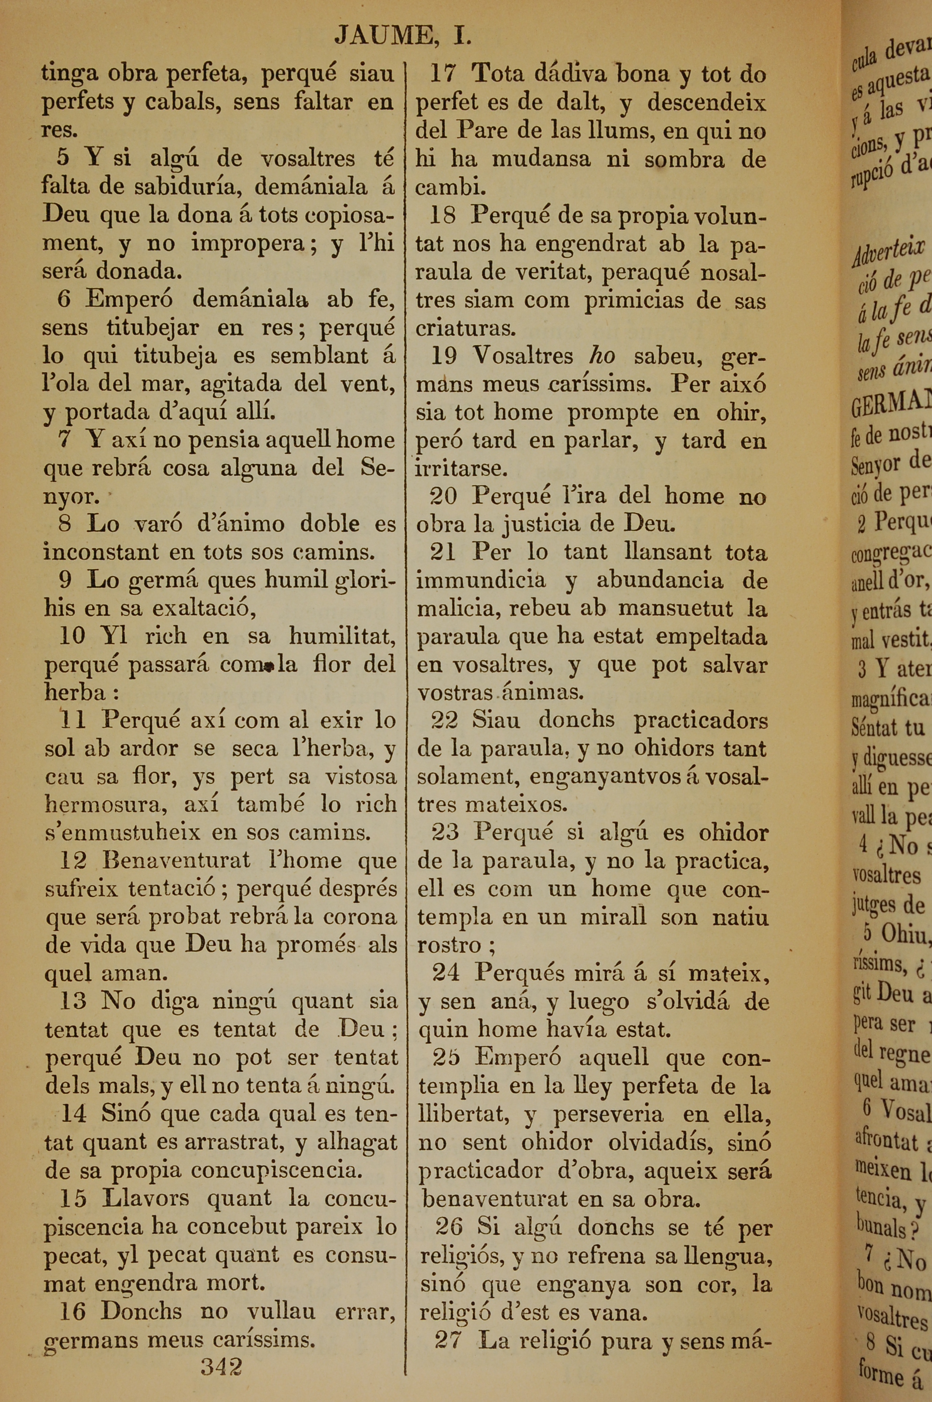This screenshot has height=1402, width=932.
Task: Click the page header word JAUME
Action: [x=384, y=36]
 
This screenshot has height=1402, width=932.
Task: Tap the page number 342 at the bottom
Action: [x=221, y=1367]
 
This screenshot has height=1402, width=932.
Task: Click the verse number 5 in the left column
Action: [x=63, y=158]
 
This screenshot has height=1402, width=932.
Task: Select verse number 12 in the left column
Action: [x=73, y=860]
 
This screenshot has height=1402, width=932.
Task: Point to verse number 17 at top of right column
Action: [x=443, y=74]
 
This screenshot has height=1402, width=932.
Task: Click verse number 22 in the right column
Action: [x=444, y=720]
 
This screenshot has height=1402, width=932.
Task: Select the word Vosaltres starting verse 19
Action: [x=523, y=356]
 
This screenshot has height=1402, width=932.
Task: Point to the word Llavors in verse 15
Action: [x=145, y=1199]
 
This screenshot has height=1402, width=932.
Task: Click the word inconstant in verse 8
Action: [x=102, y=551]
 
